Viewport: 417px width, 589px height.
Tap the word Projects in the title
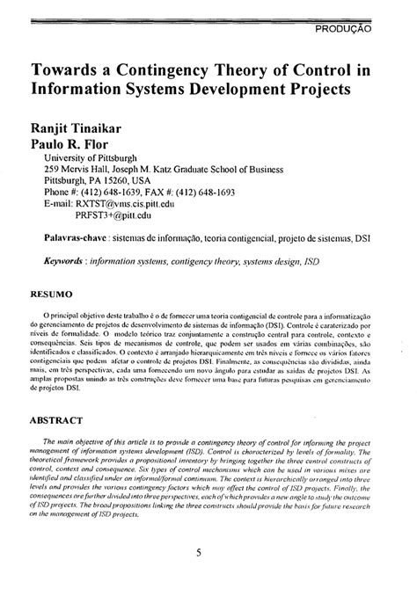click(311, 90)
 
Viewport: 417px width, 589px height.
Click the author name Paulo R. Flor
click(68, 142)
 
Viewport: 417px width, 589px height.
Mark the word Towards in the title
click(64, 69)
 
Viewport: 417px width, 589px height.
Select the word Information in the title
click(80, 90)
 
